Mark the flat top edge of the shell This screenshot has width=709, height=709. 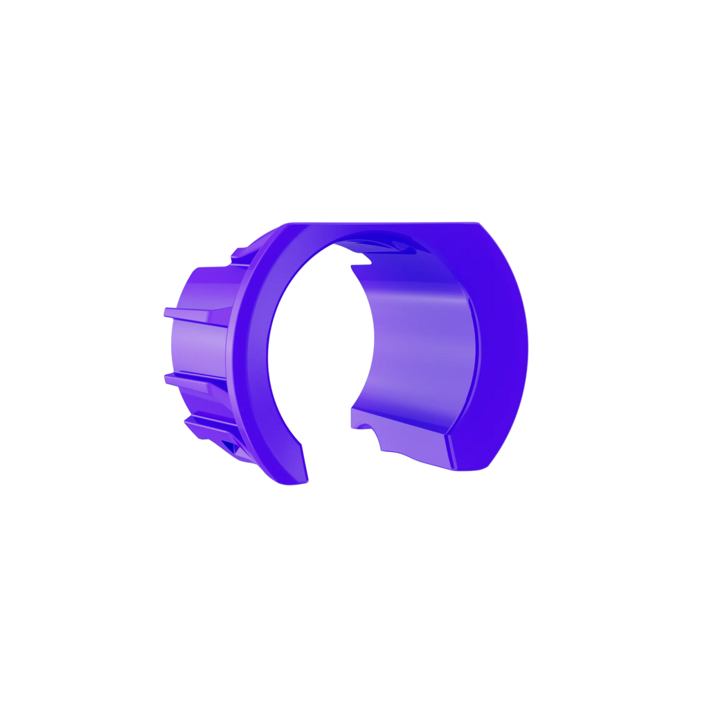coord(388,223)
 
